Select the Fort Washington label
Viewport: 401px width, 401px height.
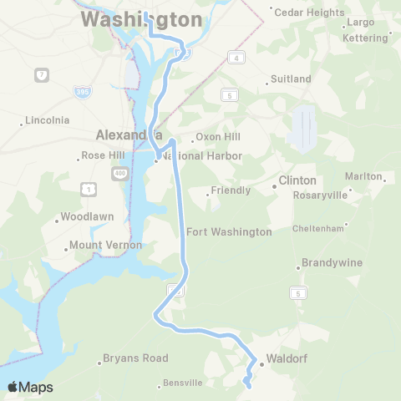pyautogui.click(x=229, y=231)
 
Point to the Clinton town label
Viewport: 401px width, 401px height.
pyautogui.click(x=297, y=180)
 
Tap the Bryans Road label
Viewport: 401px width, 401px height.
pyautogui.click(x=135, y=358)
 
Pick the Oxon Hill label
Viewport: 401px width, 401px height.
pyautogui.click(x=218, y=138)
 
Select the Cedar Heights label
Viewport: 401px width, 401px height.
pyautogui.click(x=307, y=13)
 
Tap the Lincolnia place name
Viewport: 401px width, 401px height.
pyautogui.click(x=48, y=120)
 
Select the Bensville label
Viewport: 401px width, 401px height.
pyautogui.click(x=183, y=383)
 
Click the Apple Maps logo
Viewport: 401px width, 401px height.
pyautogui.click(x=30, y=387)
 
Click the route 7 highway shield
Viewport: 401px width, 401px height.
pyautogui.click(x=40, y=75)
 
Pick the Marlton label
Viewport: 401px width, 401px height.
pyautogui.click(x=363, y=176)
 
